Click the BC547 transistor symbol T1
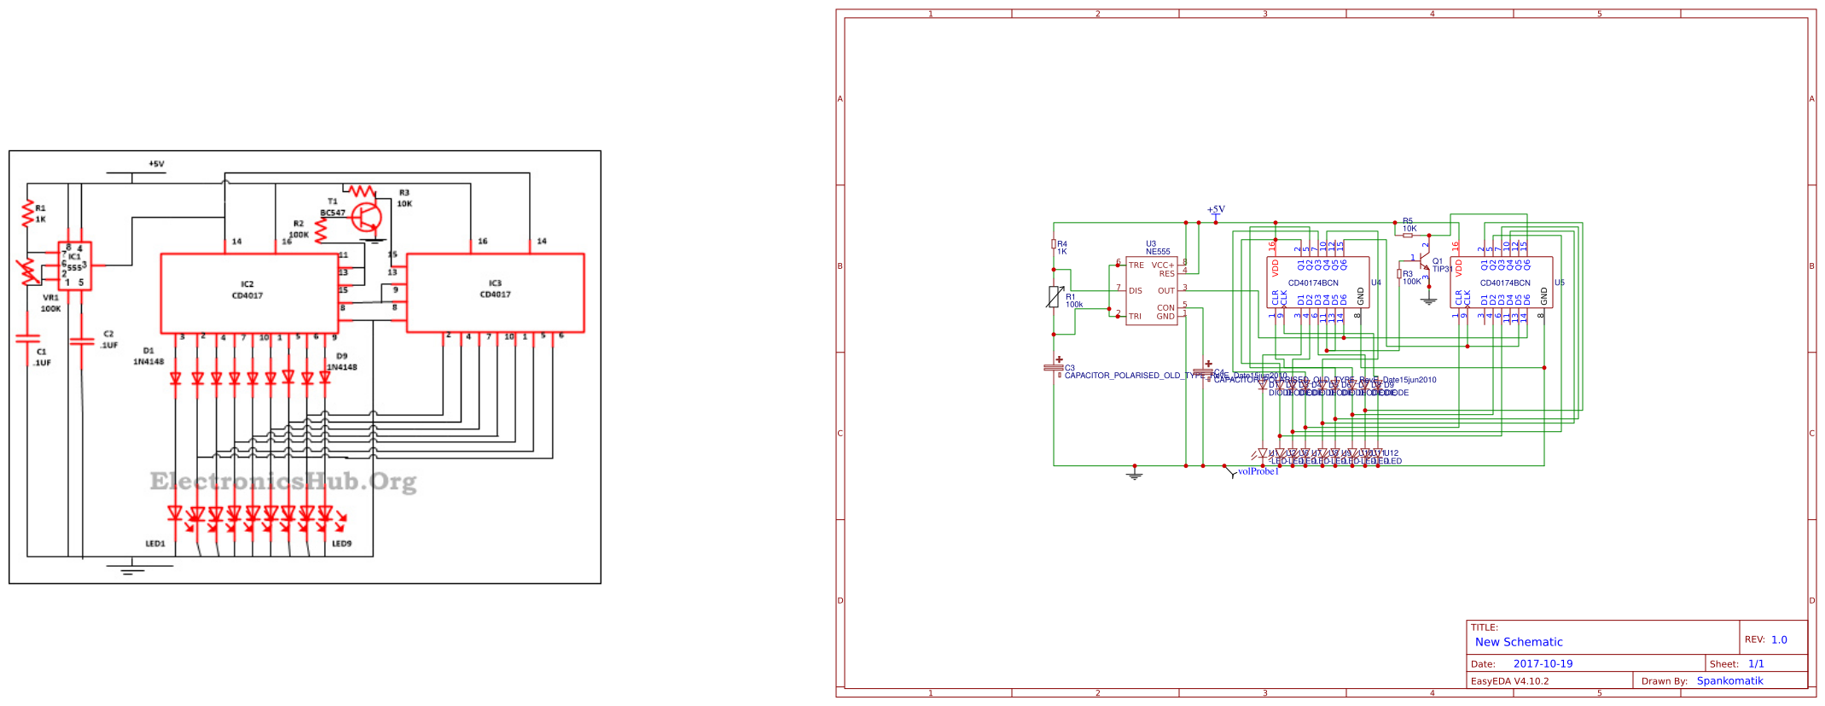pyautogui.click(x=367, y=218)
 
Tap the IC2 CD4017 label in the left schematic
pyautogui.click(x=247, y=290)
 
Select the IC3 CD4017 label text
pyautogui.click(x=495, y=289)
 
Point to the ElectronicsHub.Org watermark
pyautogui.click(x=283, y=482)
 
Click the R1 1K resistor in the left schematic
pyautogui.click(x=28, y=213)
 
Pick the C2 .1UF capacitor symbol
pyautogui.click(x=82, y=341)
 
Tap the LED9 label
pyautogui.click(x=341, y=544)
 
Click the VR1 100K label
pyautogui.click(x=51, y=303)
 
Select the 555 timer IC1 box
pyautogui.click(x=75, y=265)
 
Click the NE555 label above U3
pyautogui.click(x=1158, y=252)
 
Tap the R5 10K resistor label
pyautogui.click(x=1409, y=225)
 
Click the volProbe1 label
pyautogui.click(x=1258, y=471)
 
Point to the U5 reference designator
pyautogui.click(x=1560, y=283)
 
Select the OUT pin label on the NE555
pyautogui.click(x=1166, y=291)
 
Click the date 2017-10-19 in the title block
pyautogui.click(x=1543, y=664)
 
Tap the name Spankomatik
pyautogui.click(x=1729, y=681)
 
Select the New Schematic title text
pyautogui.click(x=1519, y=643)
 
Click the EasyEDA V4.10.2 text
pyautogui.click(x=1509, y=681)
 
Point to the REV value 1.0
pyautogui.click(x=1779, y=639)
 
